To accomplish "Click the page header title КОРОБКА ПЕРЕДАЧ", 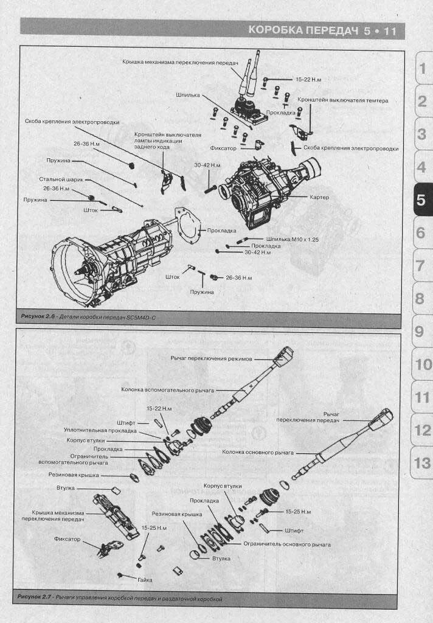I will pos(303,30).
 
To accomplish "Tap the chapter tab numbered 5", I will pos(421,200).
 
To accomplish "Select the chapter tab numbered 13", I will pos(421,463).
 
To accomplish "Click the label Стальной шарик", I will pos(61,179).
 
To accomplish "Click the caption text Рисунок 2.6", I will pos(38,318).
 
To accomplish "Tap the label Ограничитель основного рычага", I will pos(286,543).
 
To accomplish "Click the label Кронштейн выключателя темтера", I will pos(342,99).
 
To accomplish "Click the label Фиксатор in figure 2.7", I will pos(67,538).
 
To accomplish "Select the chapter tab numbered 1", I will pos(421,68).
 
